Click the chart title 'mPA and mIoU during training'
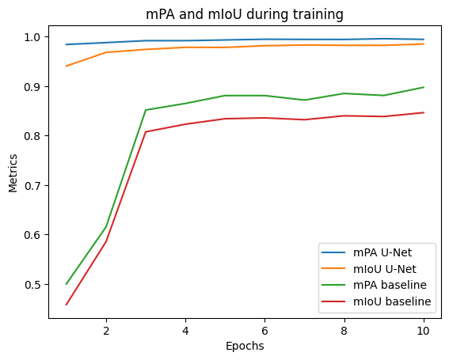245,13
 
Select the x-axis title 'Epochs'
245,346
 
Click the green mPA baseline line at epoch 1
67,283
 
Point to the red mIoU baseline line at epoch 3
146,132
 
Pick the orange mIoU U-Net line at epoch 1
67,66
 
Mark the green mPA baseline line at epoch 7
305,100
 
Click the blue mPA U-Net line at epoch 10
424,40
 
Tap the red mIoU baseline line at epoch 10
424,112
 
